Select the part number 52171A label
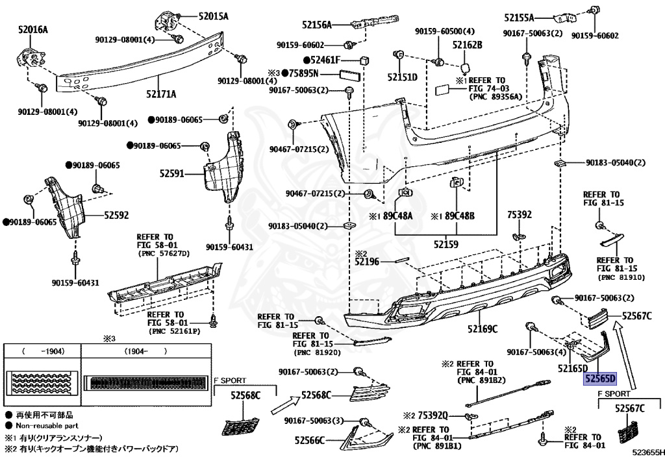[x=160, y=93]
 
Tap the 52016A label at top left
[x=33, y=29]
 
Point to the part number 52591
[x=173, y=174]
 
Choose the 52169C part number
[x=481, y=329]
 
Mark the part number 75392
[x=519, y=214]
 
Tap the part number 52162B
[x=468, y=45]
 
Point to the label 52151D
[x=403, y=77]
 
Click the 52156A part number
[x=316, y=25]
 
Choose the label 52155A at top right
[x=520, y=18]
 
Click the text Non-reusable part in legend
[x=43, y=425]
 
